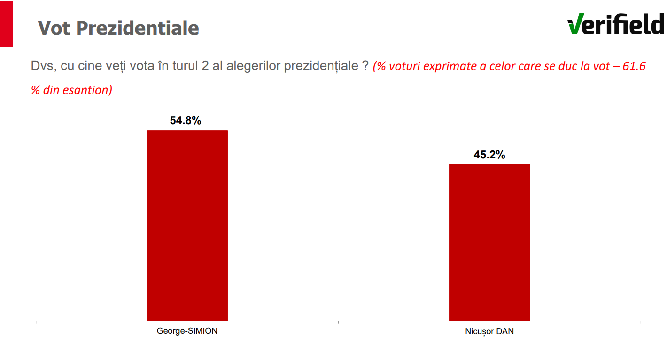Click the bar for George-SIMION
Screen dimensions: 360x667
[187, 226]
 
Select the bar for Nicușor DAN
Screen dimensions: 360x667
[489, 242]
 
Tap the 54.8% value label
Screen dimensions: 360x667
[186, 121]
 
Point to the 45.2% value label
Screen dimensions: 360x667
[489, 155]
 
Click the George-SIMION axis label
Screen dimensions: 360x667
[187, 331]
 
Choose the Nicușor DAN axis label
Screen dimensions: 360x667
[489, 331]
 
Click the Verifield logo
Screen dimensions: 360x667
[616, 24]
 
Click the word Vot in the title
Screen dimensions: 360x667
[54, 28]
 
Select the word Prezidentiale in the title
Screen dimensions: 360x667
[138, 28]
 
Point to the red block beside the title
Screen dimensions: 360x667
[6, 23]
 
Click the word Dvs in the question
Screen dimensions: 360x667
[41, 66]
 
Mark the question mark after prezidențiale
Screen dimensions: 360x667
[365, 66]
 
